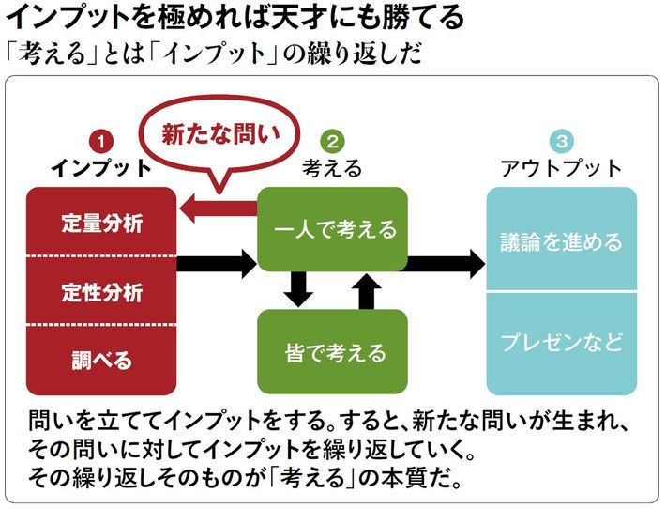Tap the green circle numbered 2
pos(331,142)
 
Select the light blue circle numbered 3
pos(561,142)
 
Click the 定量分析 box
pos(101,223)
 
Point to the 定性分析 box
pos(101,290)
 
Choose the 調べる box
pos(101,359)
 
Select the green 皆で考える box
pos(333,352)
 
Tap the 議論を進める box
pos(561,240)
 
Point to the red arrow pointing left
pos(218,208)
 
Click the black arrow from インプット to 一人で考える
pos(217,264)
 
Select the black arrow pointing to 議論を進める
pos(447,264)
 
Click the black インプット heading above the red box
pos(100,169)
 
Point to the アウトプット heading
pos(561,169)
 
